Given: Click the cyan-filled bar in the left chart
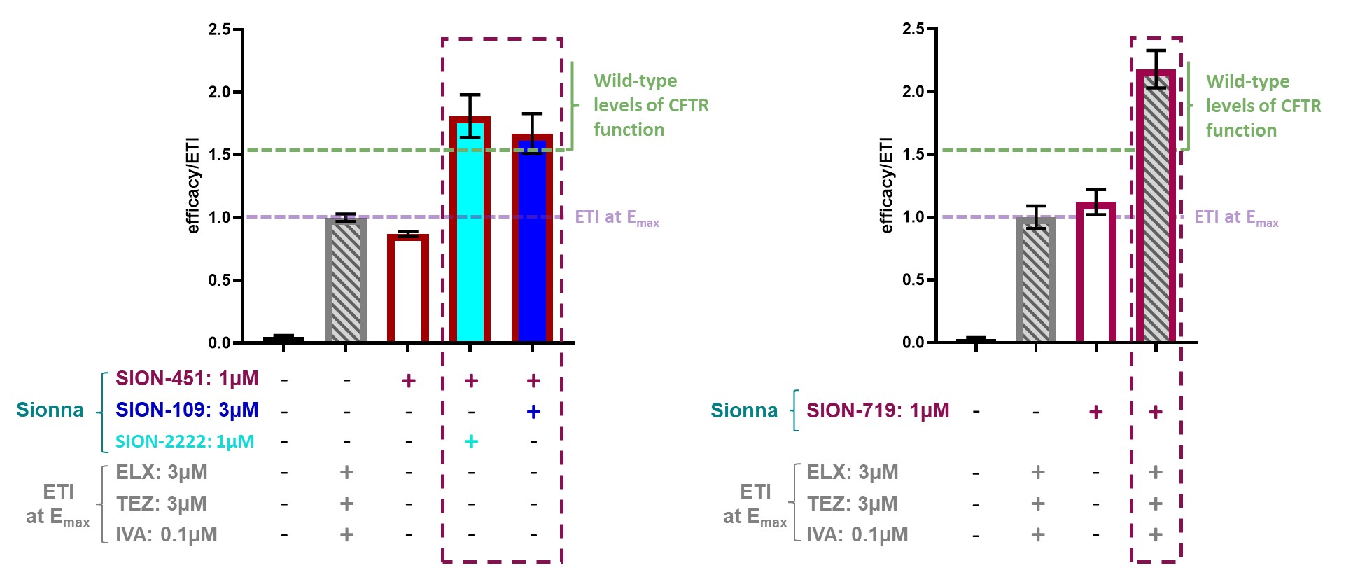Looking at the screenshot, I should point(470,231).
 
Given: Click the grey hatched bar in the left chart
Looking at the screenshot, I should point(346,280).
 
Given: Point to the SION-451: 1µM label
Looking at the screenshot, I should point(187,379).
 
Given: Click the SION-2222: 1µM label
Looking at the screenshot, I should point(185,442).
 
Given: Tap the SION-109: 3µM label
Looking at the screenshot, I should point(187,410).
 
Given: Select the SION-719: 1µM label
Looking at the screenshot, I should point(878,410).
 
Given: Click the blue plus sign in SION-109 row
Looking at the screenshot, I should point(533,411).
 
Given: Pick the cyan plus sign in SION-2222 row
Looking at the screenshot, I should point(471,441).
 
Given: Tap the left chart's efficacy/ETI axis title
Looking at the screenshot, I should point(193,186).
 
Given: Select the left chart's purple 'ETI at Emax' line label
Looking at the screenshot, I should point(616,218).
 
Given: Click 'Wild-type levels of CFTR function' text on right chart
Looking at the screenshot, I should point(1263,106).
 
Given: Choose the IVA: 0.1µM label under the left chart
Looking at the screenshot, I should point(166,535).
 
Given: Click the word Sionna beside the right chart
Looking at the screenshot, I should point(743,410).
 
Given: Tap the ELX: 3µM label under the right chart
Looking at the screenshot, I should point(852,473).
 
